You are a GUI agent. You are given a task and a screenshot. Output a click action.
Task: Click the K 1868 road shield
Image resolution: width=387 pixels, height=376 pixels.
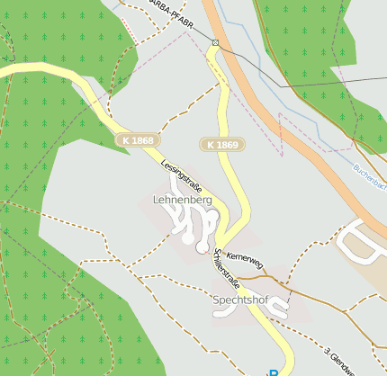click(137, 140)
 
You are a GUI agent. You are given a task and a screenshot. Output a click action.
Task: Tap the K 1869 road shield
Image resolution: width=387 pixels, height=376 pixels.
click(221, 145)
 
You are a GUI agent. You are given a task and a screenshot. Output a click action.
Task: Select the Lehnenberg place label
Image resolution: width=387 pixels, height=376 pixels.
click(183, 199)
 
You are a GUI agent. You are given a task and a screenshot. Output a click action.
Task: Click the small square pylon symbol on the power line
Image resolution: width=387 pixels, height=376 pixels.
click(215, 42)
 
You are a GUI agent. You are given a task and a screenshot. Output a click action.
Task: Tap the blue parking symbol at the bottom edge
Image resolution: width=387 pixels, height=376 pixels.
click(273, 372)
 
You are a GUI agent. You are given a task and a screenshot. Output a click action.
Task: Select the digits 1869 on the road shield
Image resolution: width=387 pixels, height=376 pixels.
click(227, 145)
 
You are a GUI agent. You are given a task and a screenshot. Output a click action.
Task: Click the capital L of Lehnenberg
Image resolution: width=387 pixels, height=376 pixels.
click(157, 199)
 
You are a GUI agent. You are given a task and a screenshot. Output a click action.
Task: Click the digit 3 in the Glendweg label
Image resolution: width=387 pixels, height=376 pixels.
click(328, 349)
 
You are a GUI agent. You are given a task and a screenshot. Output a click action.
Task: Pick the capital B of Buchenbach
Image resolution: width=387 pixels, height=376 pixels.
click(355, 165)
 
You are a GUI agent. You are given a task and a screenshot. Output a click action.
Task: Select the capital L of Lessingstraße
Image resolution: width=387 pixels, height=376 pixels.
click(164, 162)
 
